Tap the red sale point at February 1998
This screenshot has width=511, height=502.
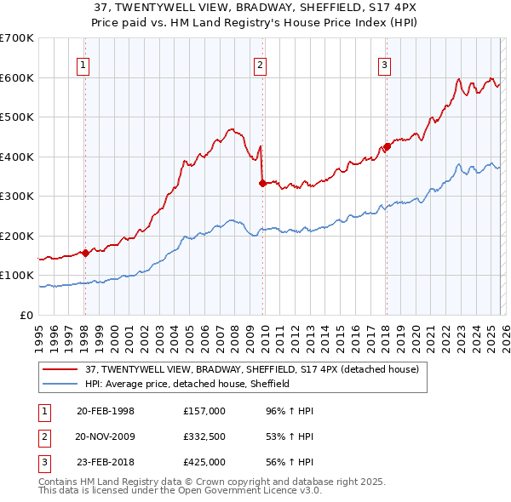(85, 253)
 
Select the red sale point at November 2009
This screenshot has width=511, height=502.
(262, 182)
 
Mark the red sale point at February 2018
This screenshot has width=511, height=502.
(387, 146)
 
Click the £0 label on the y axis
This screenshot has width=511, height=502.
(27, 315)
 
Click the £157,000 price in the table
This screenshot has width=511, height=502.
(204, 411)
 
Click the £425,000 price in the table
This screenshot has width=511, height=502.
(204, 462)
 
